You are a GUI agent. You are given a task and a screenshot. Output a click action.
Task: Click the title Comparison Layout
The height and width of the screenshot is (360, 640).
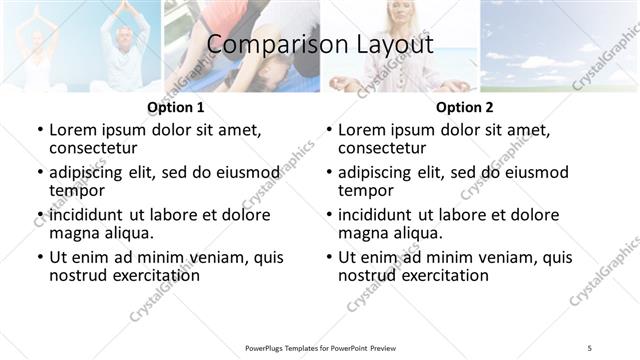tap(320, 45)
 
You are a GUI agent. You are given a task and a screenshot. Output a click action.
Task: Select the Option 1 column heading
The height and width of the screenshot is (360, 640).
tap(176, 107)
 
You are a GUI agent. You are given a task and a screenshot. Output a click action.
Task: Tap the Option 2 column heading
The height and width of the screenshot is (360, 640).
tap(465, 107)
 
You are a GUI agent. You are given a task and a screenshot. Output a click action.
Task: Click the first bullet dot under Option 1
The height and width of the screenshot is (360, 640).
tap(40, 130)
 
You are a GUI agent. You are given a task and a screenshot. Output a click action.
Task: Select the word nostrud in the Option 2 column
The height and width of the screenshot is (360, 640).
tap(367, 275)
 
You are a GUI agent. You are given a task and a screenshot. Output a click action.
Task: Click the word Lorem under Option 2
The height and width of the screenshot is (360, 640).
tap(362, 130)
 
